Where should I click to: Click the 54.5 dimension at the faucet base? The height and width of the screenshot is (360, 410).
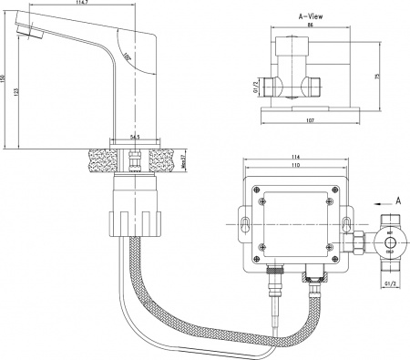(136, 138)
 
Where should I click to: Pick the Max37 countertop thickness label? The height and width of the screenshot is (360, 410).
(184, 159)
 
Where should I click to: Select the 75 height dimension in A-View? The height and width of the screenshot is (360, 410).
(376, 77)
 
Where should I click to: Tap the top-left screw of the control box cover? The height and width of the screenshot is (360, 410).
(262, 202)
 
